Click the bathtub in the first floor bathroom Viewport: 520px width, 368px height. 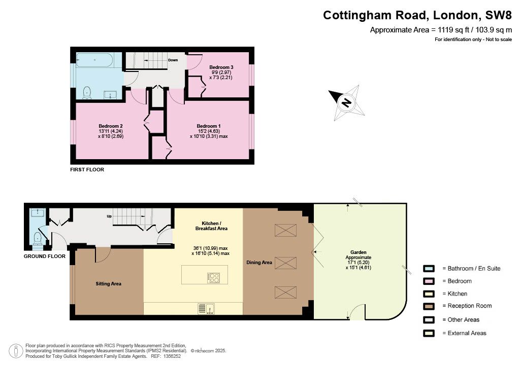tap(95, 60)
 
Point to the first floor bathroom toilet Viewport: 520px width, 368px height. tap(87, 93)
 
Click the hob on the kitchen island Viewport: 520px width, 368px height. tap(214, 277)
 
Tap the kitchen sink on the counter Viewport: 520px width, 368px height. tap(206, 308)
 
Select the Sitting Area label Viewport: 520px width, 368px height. tap(109, 284)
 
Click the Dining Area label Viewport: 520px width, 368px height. tap(259, 263)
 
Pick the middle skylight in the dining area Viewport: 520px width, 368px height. tap(285, 263)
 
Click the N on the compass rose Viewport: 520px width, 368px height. tap(346, 102)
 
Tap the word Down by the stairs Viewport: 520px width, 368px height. tap(173, 60)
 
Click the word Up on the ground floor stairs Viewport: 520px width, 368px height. tap(109, 216)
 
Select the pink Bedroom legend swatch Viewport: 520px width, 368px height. tap(429, 281)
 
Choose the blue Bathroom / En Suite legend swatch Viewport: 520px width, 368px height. tap(429, 268)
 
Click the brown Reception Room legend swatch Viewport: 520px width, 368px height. tap(429, 306)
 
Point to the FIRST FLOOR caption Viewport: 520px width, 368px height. tap(87, 169)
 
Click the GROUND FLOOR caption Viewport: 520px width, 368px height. tap(45, 256)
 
